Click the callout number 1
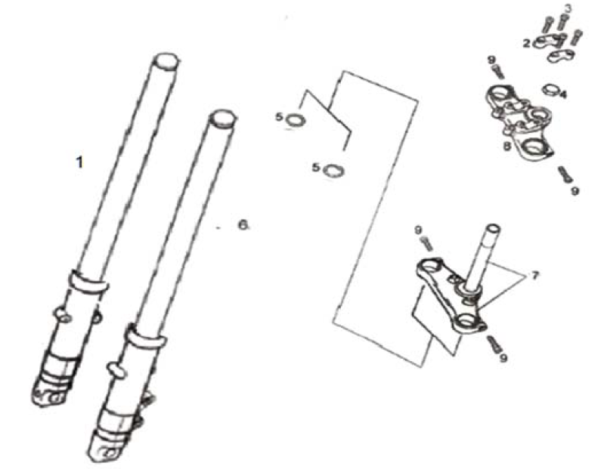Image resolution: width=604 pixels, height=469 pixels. pyautogui.click(x=79, y=162)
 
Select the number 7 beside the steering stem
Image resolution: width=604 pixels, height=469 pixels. pyautogui.click(x=534, y=276)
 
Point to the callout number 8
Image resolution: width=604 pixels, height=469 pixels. pyautogui.click(x=508, y=146)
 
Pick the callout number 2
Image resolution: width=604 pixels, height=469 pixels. pyautogui.click(x=527, y=43)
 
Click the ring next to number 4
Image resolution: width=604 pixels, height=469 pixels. pyautogui.click(x=550, y=91)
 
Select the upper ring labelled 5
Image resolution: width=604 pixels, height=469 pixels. pyautogui.click(x=296, y=120)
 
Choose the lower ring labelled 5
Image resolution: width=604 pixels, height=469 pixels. pyautogui.click(x=333, y=171)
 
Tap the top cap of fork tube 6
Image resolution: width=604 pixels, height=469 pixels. pyautogui.click(x=223, y=118)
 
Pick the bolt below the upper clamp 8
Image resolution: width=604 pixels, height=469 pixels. pyautogui.click(x=565, y=174)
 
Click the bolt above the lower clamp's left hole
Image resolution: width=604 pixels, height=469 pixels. pyautogui.click(x=427, y=243)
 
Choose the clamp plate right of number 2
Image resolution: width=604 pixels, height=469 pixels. pyautogui.click(x=561, y=56)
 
